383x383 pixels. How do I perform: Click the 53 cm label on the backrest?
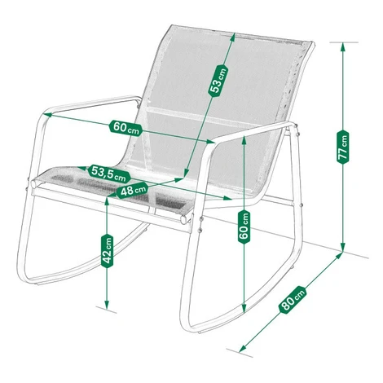pos(218,81)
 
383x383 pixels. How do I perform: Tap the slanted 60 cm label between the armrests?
pos(126,127)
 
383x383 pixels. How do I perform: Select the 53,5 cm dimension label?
pos(109,174)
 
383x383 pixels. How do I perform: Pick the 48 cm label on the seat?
pos(133,190)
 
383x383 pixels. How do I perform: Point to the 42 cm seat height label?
pos(107,250)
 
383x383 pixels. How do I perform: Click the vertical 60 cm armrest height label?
pos(244,227)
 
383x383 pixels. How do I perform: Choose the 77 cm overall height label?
pos(343,147)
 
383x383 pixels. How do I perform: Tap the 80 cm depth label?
pos(293,300)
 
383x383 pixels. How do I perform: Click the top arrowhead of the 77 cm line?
pos(343,46)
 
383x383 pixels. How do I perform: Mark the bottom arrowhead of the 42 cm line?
pos(107,304)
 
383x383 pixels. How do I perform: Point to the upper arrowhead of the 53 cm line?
pos(232,37)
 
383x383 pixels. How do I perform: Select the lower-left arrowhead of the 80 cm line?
pos(242,348)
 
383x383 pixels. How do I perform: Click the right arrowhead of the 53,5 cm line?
pos(227,198)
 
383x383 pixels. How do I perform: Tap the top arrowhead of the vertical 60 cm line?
pos(244,139)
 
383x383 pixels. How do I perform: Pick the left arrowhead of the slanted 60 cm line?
pos(47,115)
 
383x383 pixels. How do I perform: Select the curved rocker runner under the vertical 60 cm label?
pos(239,312)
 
